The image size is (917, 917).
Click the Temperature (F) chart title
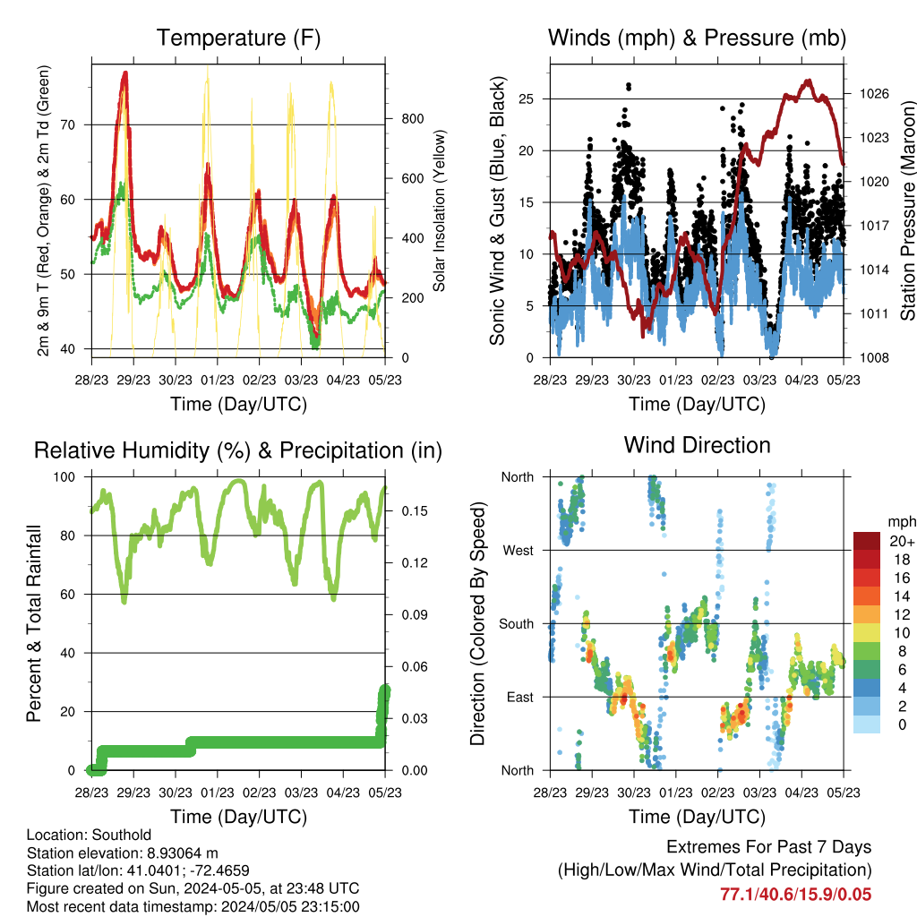(238, 38)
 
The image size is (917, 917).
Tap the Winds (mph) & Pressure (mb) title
(697, 38)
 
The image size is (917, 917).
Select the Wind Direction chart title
(697, 445)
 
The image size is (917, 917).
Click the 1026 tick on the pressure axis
(874, 93)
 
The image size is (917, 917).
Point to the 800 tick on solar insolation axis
(412, 119)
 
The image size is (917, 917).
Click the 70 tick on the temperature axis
(68, 124)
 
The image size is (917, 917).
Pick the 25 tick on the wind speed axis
(527, 99)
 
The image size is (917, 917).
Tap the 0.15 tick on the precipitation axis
(415, 511)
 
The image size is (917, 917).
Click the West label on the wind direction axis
(518, 551)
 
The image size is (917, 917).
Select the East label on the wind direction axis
(520, 697)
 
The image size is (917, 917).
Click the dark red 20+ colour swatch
(867, 541)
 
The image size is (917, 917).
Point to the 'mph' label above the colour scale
(901, 522)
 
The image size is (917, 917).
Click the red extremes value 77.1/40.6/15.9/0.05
(795, 895)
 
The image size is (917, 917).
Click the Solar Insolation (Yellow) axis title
(439, 210)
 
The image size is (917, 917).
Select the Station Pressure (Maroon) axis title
(907, 210)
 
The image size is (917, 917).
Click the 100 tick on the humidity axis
(64, 476)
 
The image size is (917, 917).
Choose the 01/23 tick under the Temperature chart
(218, 380)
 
